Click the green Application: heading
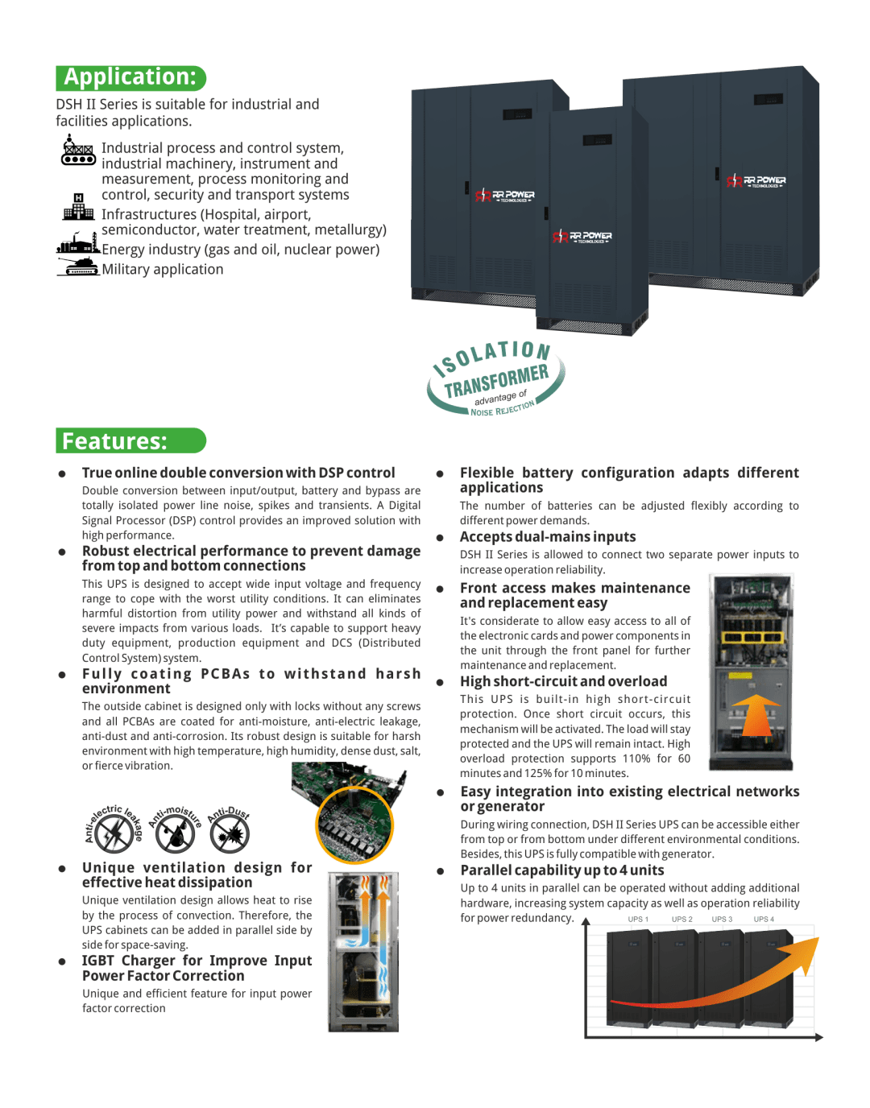pyautogui.click(x=130, y=78)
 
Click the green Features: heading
pyautogui.click(x=130, y=440)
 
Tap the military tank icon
pyautogui.click(x=78, y=267)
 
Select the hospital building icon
pyautogui.click(x=78, y=207)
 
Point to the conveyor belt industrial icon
pyautogui.click(x=78, y=150)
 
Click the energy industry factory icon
pyautogui.click(x=78, y=242)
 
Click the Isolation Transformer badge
pyautogui.click(x=495, y=378)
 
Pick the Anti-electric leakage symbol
pyautogui.click(x=114, y=831)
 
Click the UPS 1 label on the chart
pyautogui.click(x=638, y=920)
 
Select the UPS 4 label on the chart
pyautogui.click(x=764, y=920)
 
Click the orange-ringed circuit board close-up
pyautogui.click(x=355, y=825)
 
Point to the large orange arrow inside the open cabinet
pyautogui.click(x=754, y=715)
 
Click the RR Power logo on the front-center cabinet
pyautogui.click(x=582, y=237)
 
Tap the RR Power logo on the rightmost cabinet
pyautogui.click(x=756, y=181)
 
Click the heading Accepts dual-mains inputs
pyautogui.click(x=548, y=536)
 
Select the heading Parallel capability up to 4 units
pyautogui.click(x=562, y=870)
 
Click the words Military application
pyautogui.click(x=163, y=269)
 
